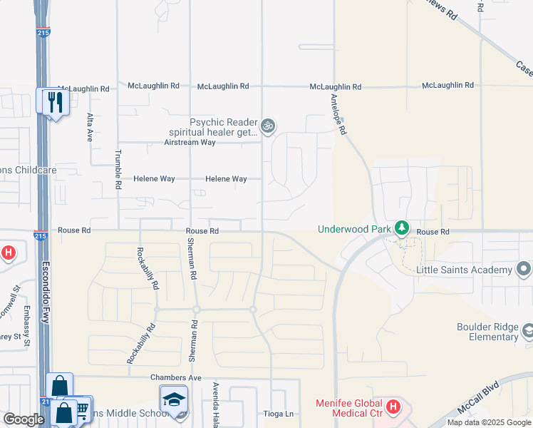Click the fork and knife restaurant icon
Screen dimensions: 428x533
tap(53, 101)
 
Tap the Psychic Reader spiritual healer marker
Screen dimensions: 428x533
tap(267, 127)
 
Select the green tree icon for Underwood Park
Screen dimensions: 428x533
tap(402, 228)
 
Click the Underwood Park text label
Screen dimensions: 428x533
tap(354, 229)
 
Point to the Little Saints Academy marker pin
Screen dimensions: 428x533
tap(524, 270)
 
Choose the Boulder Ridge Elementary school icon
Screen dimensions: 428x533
tap(528, 331)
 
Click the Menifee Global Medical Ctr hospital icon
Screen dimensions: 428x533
tap(393, 409)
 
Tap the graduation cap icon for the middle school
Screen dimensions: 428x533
tap(173, 401)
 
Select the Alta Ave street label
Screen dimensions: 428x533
tap(90, 127)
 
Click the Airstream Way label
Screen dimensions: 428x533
tap(189, 143)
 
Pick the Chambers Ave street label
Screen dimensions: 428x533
tap(176, 377)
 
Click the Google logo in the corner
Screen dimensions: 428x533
tap(24, 419)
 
